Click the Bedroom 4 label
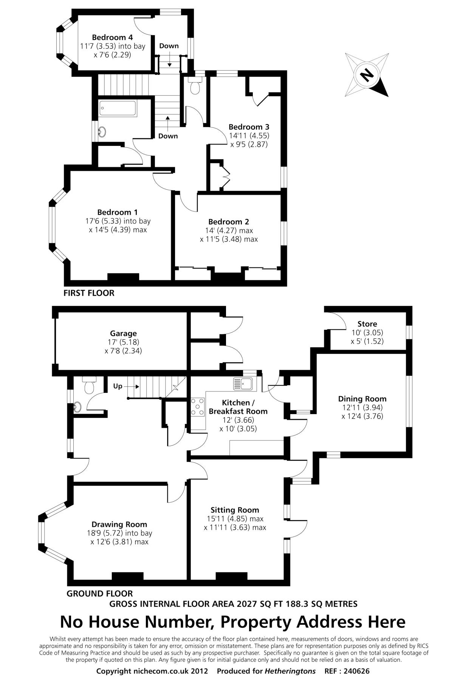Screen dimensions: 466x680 pos(112,37)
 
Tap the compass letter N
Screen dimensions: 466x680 pos(365,75)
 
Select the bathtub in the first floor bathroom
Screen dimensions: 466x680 pos(118,109)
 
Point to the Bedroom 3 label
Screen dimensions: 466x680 pos(249,127)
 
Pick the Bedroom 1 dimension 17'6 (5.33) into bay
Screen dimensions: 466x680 pos(118,221)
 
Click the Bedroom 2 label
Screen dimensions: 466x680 pos(229,222)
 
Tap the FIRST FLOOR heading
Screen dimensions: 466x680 pos(89,293)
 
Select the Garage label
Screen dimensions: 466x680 pos(123,334)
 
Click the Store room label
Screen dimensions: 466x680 pos(367,324)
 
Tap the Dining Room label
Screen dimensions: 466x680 pos(362,399)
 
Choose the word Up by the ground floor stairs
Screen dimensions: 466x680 pos(118,386)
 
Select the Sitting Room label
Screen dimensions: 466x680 pos(235,510)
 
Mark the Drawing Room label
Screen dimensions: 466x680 pos(119,524)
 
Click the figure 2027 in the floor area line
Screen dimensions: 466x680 pos(246,604)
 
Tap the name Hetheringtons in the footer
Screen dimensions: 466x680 pos(290,671)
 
